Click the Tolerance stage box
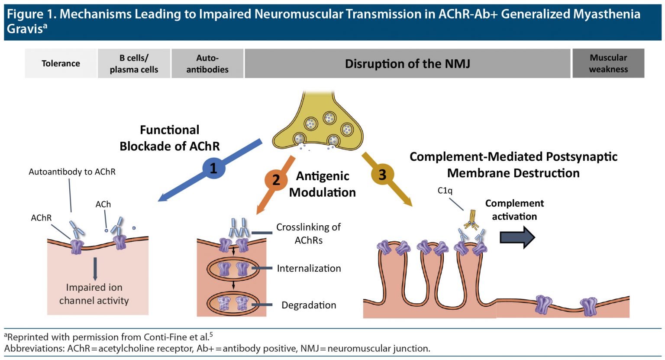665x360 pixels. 61,63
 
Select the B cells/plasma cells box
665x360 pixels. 134,63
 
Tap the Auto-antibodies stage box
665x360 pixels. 207,63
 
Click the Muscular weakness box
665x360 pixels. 608,63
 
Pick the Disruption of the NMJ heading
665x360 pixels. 407,64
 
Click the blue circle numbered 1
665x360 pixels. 213,168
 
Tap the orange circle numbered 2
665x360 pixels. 276,179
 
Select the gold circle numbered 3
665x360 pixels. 382,175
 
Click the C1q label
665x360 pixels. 445,191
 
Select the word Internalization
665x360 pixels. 309,269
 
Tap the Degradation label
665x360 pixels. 309,305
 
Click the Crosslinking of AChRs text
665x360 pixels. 308,234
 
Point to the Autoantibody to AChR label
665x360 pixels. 72,172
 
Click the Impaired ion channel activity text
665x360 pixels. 94,294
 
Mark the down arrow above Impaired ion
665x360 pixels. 95,269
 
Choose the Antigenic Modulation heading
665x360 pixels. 323,184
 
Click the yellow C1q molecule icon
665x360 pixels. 471,219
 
